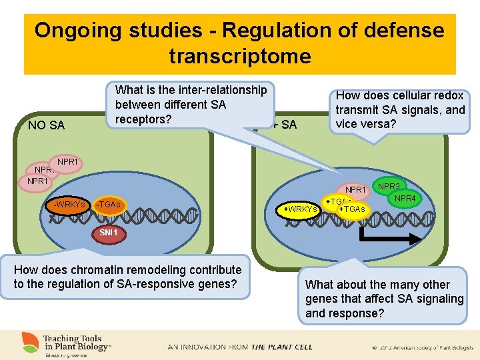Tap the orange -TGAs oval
click(108, 205)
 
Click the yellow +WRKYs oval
click(300, 209)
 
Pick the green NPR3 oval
click(389, 187)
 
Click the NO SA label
click(47, 125)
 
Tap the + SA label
click(285, 125)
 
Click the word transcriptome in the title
click(240, 56)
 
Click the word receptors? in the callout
click(143, 119)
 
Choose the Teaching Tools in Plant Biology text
click(77, 342)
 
